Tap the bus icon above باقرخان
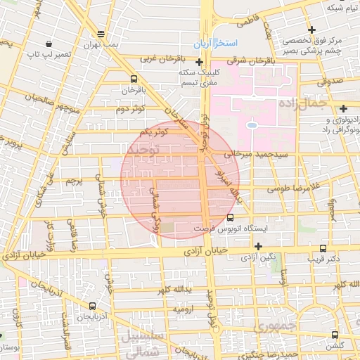pos(134,79)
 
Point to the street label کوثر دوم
pos(130,110)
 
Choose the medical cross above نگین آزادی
pos(259,246)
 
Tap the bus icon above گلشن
pos(335,335)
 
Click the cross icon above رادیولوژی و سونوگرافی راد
pos(342,108)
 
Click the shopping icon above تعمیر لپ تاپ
pos(47,43)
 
